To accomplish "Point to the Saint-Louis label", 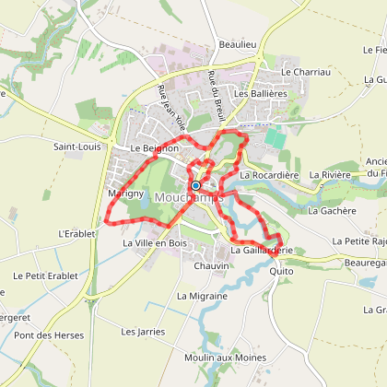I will [77, 146].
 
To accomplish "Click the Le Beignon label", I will [153, 147].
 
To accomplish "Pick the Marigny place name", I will [125, 195].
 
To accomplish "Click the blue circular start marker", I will [195, 185].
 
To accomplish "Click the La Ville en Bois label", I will [155, 243].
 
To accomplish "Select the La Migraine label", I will [202, 296].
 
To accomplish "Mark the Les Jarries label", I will [140, 329].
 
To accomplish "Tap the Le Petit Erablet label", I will [42, 276].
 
